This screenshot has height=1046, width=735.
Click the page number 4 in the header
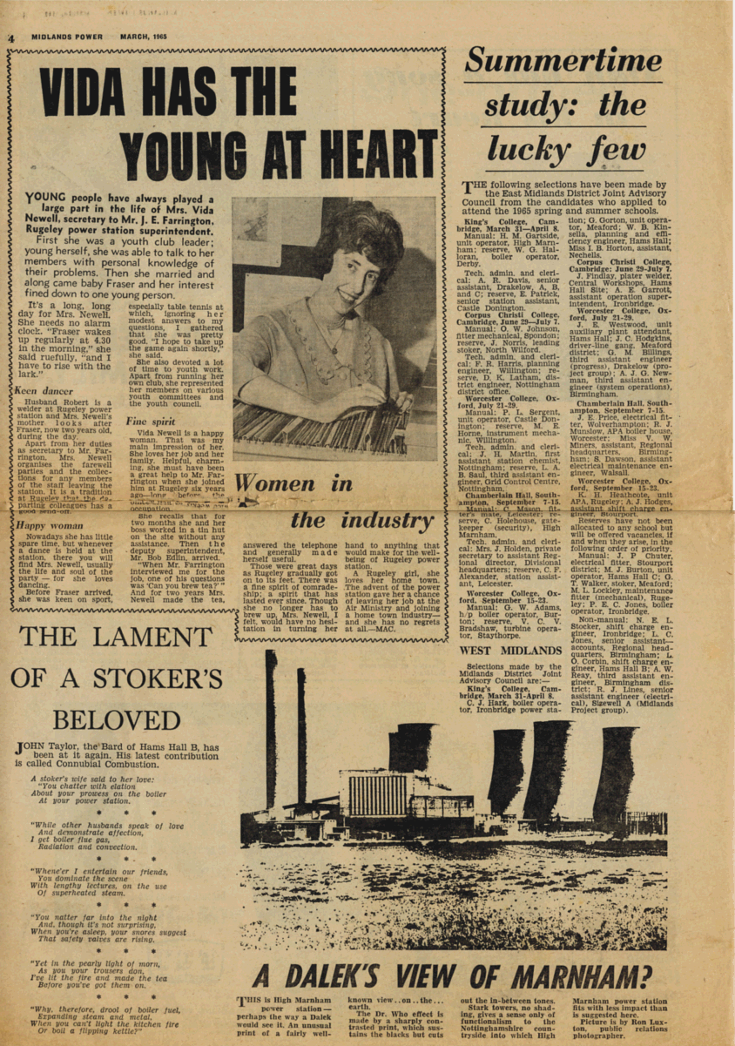coord(12,38)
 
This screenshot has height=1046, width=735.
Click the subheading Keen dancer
coord(44,392)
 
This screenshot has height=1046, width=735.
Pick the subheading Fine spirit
coord(152,422)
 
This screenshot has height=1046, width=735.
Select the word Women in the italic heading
coord(293,484)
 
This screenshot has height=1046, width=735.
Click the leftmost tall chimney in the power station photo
coord(271,723)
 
